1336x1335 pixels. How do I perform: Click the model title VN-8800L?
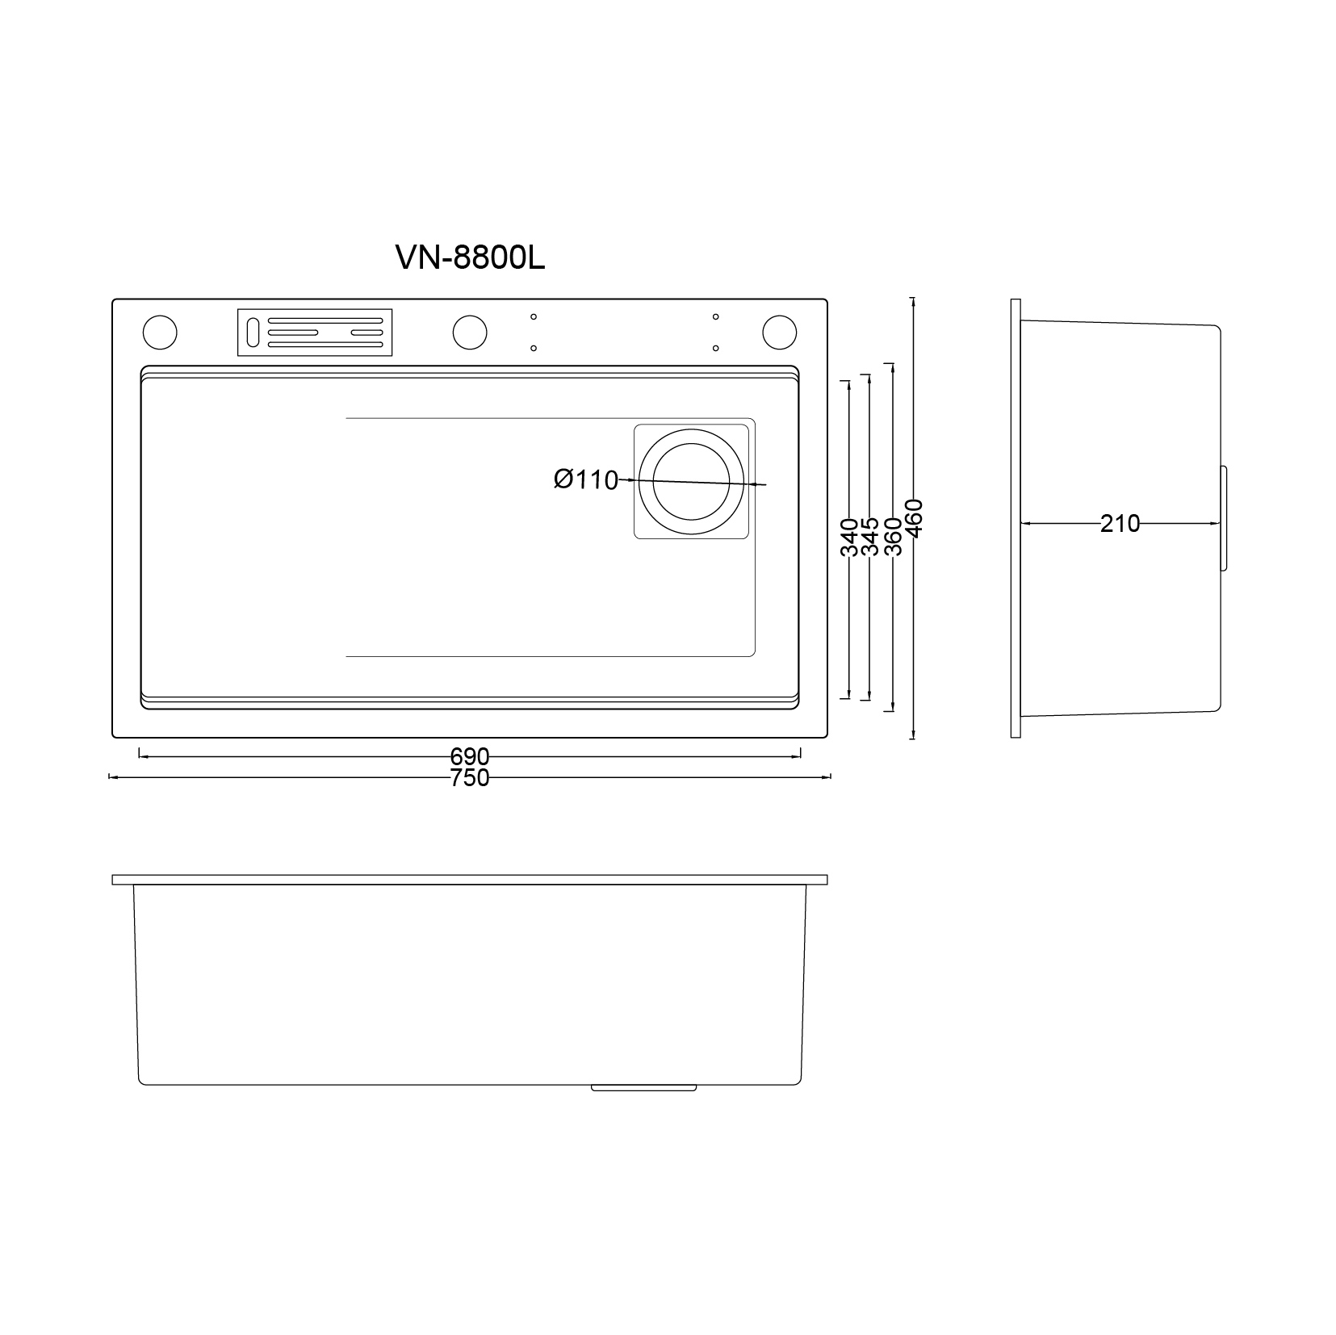[x=470, y=257]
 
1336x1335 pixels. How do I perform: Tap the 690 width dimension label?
[x=470, y=757]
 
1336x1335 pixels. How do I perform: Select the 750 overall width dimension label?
[x=470, y=778]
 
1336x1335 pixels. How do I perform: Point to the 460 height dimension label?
[x=913, y=518]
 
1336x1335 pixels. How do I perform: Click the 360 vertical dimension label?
[x=893, y=537]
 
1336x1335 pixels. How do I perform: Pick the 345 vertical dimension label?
[x=870, y=537]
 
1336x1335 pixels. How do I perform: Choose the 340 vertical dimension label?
[x=849, y=537]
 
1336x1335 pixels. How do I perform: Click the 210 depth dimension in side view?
[x=1120, y=524]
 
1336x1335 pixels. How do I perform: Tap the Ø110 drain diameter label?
[x=586, y=479]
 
